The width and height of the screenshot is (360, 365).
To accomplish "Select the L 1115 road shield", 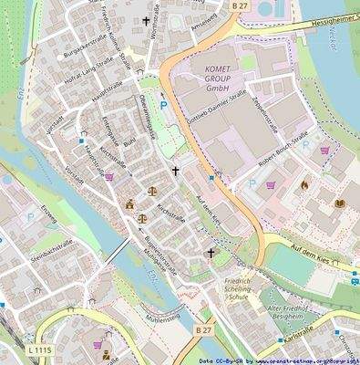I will pyautogui.click(x=38, y=349).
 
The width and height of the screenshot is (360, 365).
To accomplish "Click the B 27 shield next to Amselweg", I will pyautogui.click(x=239, y=6).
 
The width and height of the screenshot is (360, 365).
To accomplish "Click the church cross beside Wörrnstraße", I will pyautogui.click(x=146, y=20).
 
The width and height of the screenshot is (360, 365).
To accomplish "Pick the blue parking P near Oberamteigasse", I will pyautogui.click(x=163, y=106).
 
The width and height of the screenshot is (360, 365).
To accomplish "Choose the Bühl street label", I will pyautogui.click(x=129, y=143).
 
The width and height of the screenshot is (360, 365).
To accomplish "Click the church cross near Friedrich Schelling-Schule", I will pyautogui.click(x=211, y=253).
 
